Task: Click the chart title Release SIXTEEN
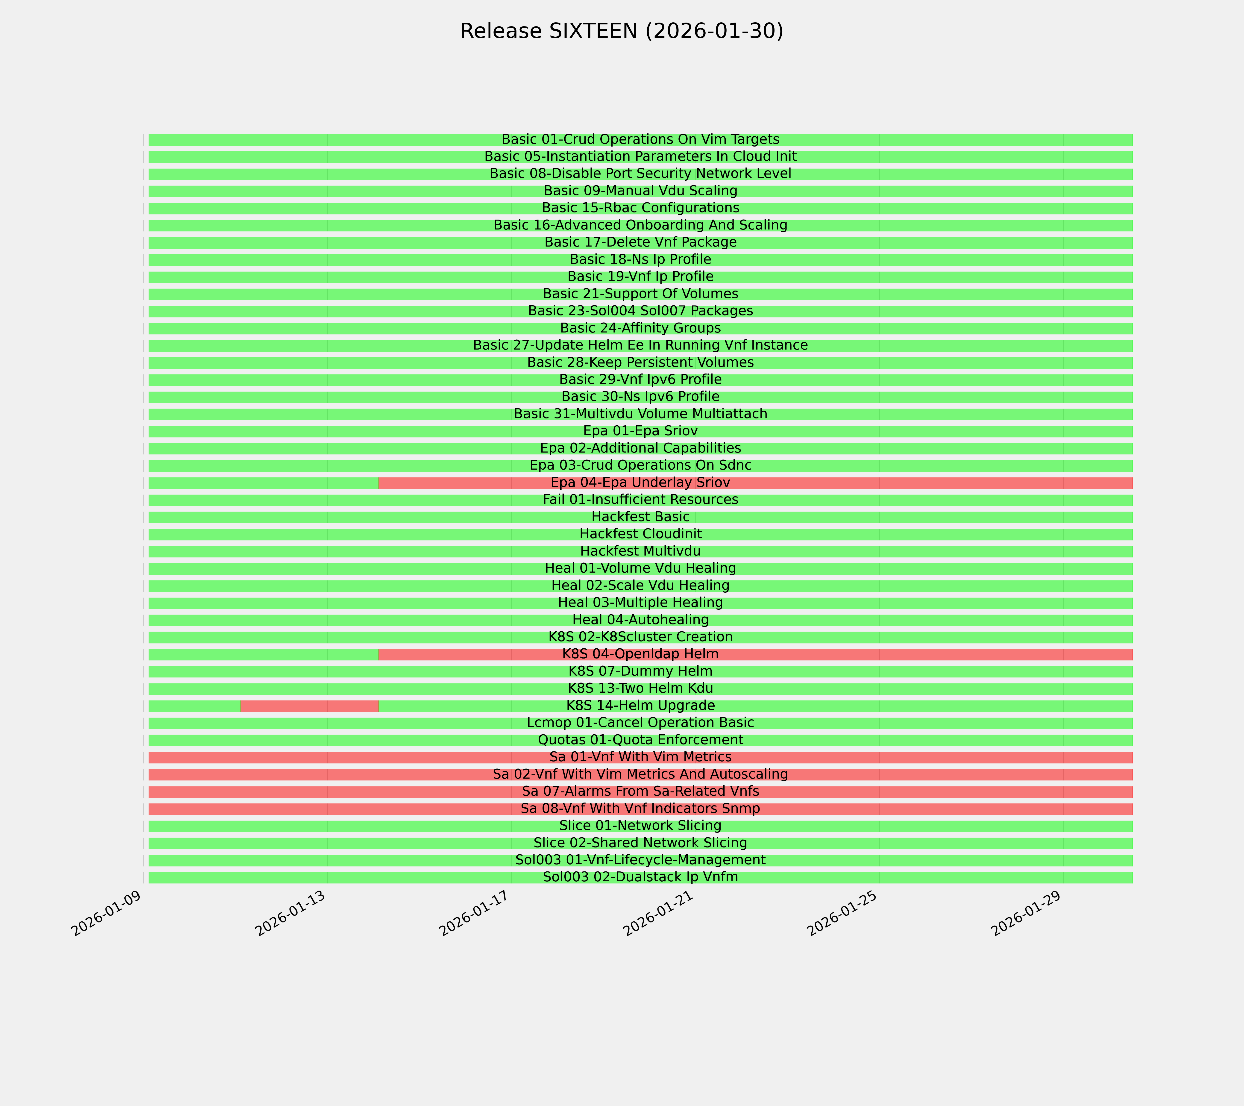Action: [x=621, y=31]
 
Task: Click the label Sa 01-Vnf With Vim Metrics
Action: [x=640, y=757]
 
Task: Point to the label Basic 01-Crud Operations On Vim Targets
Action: [x=640, y=139]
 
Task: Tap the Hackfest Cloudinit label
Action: [x=640, y=534]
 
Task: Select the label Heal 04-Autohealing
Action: [x=640, y=620]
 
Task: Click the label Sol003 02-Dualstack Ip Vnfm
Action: [x=640, y=877]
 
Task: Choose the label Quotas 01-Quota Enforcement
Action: [x=640, y=740]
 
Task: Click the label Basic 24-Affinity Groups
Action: [x=640, y=328]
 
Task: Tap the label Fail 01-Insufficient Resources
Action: [x=640, y=500]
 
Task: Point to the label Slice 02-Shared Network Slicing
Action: [x=640, y=843]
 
